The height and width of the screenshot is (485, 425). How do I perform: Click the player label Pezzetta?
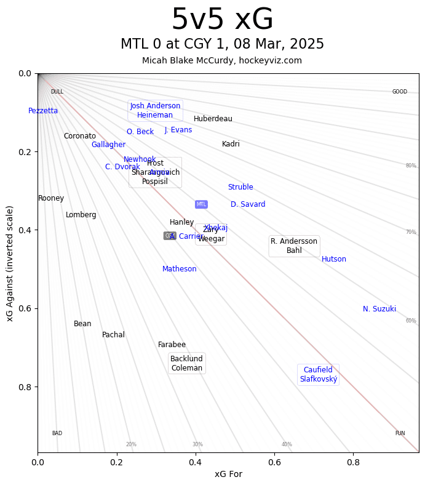pyautogui.click(x=43, y=111)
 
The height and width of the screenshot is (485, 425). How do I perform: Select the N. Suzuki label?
pyautogui.click(x=379, y=309)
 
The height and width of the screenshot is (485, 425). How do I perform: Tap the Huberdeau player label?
pyautogui.click(x=213, y=119)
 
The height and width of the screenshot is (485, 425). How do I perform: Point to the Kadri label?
pyautogui.click(x=231, y=144)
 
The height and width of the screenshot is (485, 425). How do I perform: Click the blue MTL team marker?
pyautogui.click(x=201, y=204)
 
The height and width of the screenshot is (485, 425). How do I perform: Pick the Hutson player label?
pyautogui.click(x=334, y=259)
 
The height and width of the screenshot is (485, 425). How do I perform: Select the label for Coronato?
pyautogui.click(x=80, y=136)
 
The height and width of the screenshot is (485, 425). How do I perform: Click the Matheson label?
pyautogui.click(x=180, y=269)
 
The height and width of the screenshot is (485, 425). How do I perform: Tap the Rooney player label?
pyautogui.click(x=51, y=198)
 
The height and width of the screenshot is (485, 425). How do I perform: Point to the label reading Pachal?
pyautogui.click(x=113, y=335)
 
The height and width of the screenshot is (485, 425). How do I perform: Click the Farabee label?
pyautogui.click(x=172, y=345)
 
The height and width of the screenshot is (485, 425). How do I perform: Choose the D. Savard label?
pyautogui.click(x=248, y=204)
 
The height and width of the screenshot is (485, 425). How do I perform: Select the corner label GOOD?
pyautogui.click(x=400, y=92)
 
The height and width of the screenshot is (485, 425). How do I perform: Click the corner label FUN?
pyautogui.click(x=400, y=433)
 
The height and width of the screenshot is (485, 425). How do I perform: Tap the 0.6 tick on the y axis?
pyautogui.click(x=23, y=308)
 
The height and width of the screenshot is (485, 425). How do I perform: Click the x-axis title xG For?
pyautogui.click(x=228, y=474)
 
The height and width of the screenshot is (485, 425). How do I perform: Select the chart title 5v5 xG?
pyautogui.click(x=222, y=20)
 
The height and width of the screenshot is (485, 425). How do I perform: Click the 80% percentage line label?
pyautogui.click(x=411, y=166)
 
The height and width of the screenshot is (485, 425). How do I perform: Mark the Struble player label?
pyautogui.click(x=240, y=187)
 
